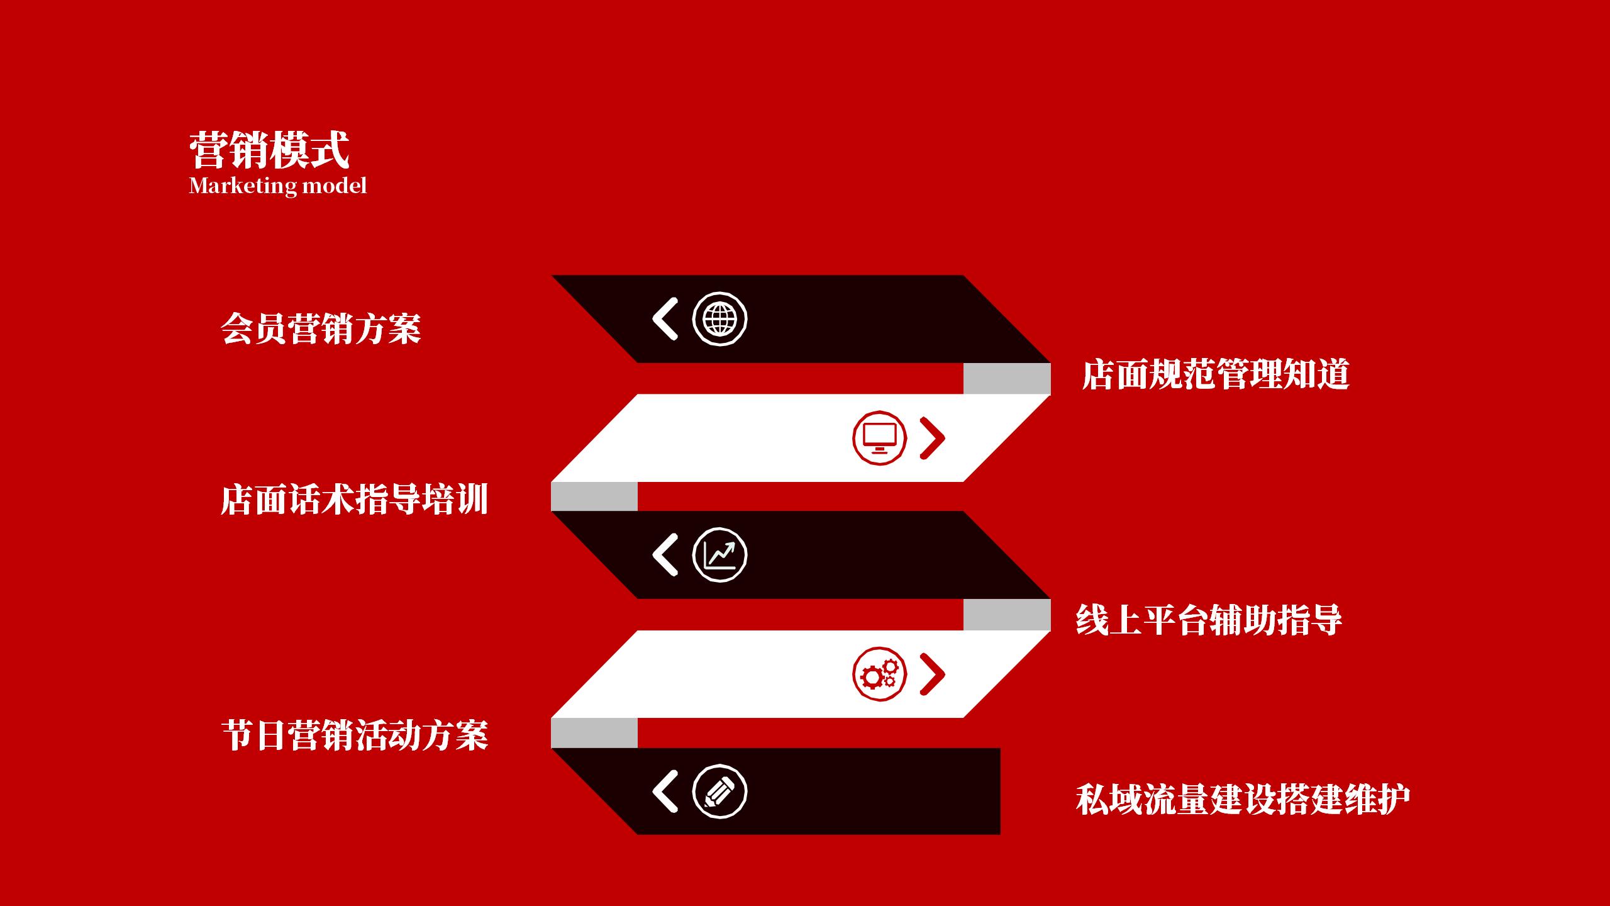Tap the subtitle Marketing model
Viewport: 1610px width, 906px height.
[277, 186]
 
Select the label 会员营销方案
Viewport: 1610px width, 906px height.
[321, 328]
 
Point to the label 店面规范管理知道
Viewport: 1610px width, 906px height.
[1215, 374]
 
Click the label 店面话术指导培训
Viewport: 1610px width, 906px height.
[354, 500]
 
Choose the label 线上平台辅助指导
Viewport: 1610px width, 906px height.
[1208, 620]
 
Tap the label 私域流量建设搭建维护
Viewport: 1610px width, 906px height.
[1243, 800]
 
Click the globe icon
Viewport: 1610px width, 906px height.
[719, 319]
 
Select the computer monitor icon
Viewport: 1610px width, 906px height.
[879, 438]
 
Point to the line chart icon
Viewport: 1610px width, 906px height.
[719, 555]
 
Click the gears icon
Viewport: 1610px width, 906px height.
[879, 674]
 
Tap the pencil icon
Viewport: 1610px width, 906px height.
[719, 791]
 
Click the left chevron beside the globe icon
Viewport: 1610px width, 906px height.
[665, 319]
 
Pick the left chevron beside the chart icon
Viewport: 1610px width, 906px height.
[665, 555]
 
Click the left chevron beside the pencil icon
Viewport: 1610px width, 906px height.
[665, 791]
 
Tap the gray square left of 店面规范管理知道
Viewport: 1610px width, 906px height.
[1007, 379]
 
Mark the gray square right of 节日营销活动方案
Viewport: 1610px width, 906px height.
[594, 733]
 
